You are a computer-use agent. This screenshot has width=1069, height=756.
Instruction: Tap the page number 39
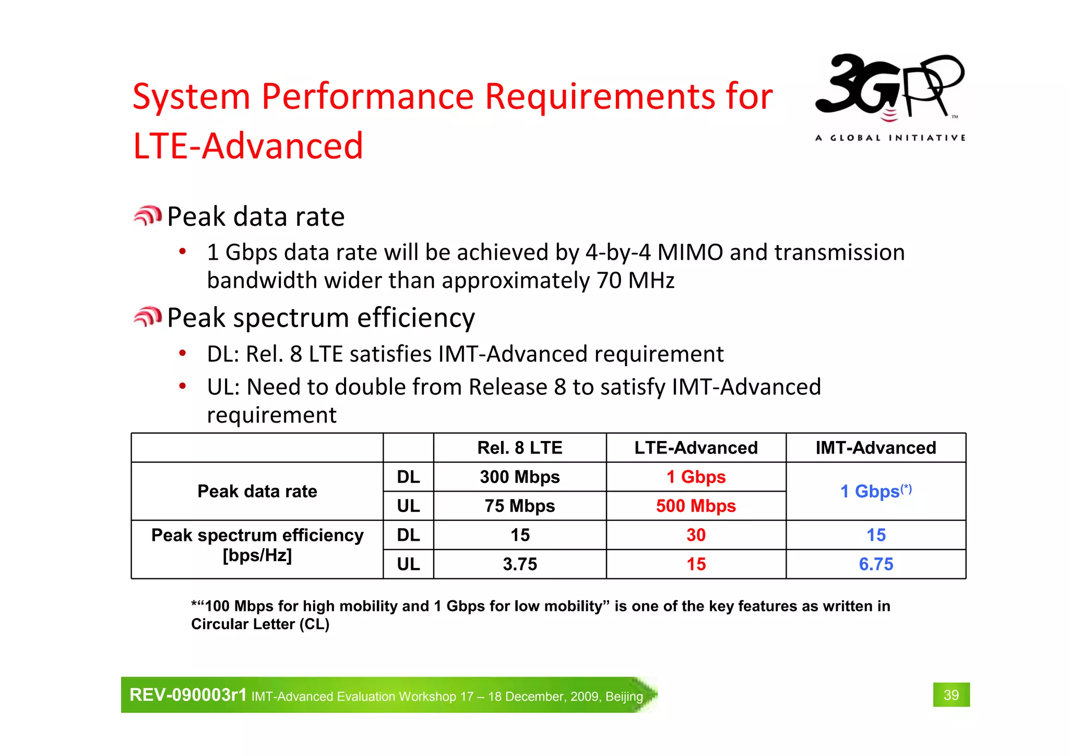tap(951, 695)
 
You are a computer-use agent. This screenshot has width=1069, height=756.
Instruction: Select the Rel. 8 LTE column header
tap(519, 448)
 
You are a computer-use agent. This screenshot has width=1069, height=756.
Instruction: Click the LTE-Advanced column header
tap(696, 448)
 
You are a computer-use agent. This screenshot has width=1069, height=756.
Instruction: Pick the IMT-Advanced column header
tap(875, 448)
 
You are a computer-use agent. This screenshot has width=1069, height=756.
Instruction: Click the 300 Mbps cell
tap(519, 477)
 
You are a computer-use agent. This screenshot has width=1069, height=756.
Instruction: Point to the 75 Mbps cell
tap(519, 506)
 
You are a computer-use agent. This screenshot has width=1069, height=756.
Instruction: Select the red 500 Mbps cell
tap(696, 506)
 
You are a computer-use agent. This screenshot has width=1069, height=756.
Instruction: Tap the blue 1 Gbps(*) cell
tap(875, 491)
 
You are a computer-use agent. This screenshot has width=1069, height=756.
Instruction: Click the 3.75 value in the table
tap(519, 564)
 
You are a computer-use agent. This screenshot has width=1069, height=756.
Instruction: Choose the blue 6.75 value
tap(875, 564)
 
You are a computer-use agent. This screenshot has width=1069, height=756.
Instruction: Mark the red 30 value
tap(696, 535)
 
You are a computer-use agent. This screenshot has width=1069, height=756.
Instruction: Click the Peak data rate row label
tap(257, 491)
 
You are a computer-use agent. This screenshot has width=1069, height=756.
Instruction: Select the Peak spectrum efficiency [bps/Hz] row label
tap(257, 545)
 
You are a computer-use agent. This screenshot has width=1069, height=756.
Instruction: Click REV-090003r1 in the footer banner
tap(187, 695)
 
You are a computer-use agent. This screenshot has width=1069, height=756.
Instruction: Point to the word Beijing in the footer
tap(624, 697)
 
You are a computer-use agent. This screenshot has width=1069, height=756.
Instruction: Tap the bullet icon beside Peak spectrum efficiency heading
tap(148, 317)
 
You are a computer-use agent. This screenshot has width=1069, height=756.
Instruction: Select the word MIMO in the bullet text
tap(690, 252)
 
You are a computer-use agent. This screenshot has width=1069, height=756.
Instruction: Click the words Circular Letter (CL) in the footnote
tap(260, 624)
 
